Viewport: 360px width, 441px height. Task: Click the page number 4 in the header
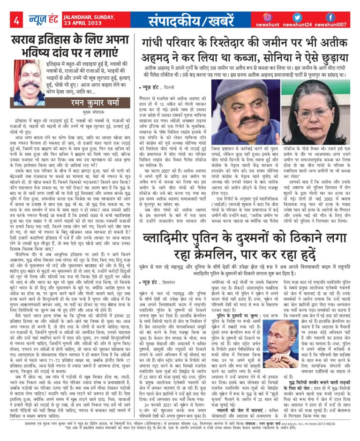16,21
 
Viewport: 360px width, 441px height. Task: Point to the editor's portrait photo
29,83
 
